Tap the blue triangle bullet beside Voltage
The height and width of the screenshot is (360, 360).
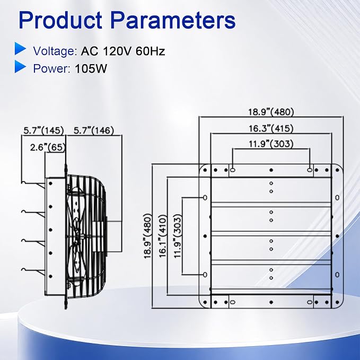[21, 48]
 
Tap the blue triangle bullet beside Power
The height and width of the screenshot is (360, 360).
[21, 67]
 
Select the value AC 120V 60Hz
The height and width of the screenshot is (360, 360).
[123, 51]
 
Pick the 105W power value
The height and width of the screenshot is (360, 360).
[91, 68]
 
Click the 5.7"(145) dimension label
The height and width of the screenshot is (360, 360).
[43, 130]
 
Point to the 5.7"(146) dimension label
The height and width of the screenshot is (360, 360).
[94, 130]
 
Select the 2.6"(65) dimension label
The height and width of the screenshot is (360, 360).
[48, 147]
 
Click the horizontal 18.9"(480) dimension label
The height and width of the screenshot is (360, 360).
[271, 112]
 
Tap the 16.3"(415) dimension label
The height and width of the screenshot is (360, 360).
[271, 128]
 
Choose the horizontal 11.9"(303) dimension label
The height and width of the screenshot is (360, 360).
[271, 144]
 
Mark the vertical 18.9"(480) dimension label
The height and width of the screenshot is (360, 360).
[147, 236]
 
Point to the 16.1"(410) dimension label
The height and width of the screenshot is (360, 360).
[163, 236]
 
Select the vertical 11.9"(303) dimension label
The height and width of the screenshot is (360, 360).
[178, 236]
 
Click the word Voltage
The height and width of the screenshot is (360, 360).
[55, 51]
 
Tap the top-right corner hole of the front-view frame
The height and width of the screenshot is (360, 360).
[337, 170]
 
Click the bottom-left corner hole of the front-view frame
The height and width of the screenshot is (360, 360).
[205, 302]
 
